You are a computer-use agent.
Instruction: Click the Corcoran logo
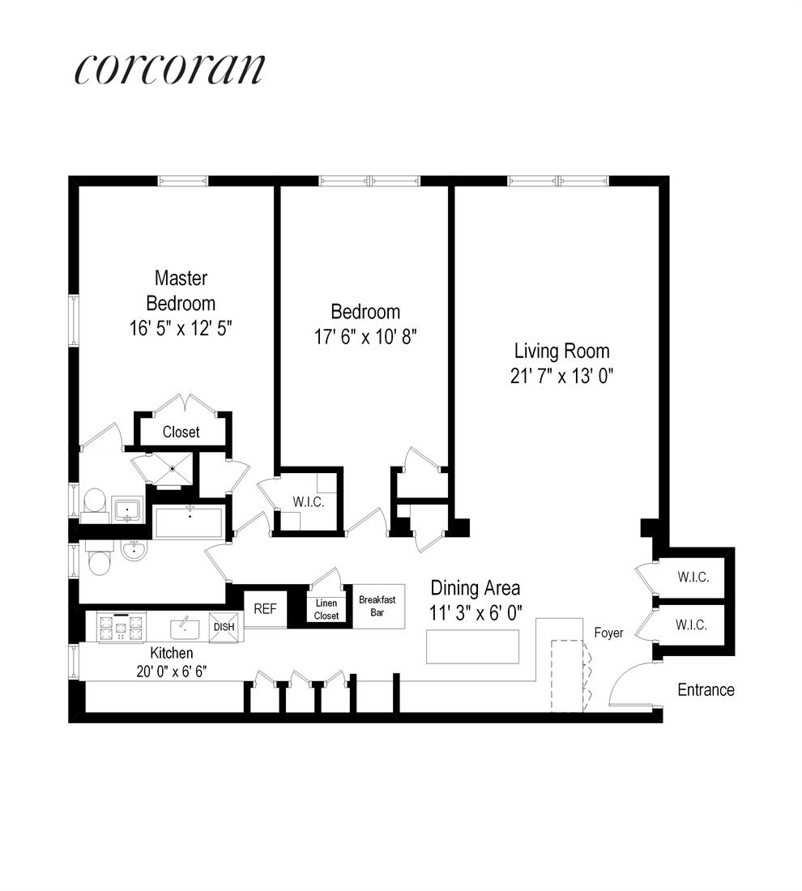169,70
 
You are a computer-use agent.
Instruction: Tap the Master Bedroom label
181,291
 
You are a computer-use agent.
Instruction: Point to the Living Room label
561,352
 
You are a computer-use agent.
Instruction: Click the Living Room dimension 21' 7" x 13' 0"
561,377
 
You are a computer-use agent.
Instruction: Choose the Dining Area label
475,588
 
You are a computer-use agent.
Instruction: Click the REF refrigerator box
265,609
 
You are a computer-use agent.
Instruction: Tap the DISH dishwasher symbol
224,627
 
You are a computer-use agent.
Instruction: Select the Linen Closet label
326,610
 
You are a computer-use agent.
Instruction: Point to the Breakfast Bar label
377,606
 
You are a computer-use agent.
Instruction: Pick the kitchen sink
185,627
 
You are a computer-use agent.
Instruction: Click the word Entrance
706,690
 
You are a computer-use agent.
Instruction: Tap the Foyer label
608,633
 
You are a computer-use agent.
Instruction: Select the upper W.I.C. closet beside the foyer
693,578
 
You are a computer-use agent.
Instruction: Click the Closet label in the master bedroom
181,432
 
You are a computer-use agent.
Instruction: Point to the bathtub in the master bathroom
190,522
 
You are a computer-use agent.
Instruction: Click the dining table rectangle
472,646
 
